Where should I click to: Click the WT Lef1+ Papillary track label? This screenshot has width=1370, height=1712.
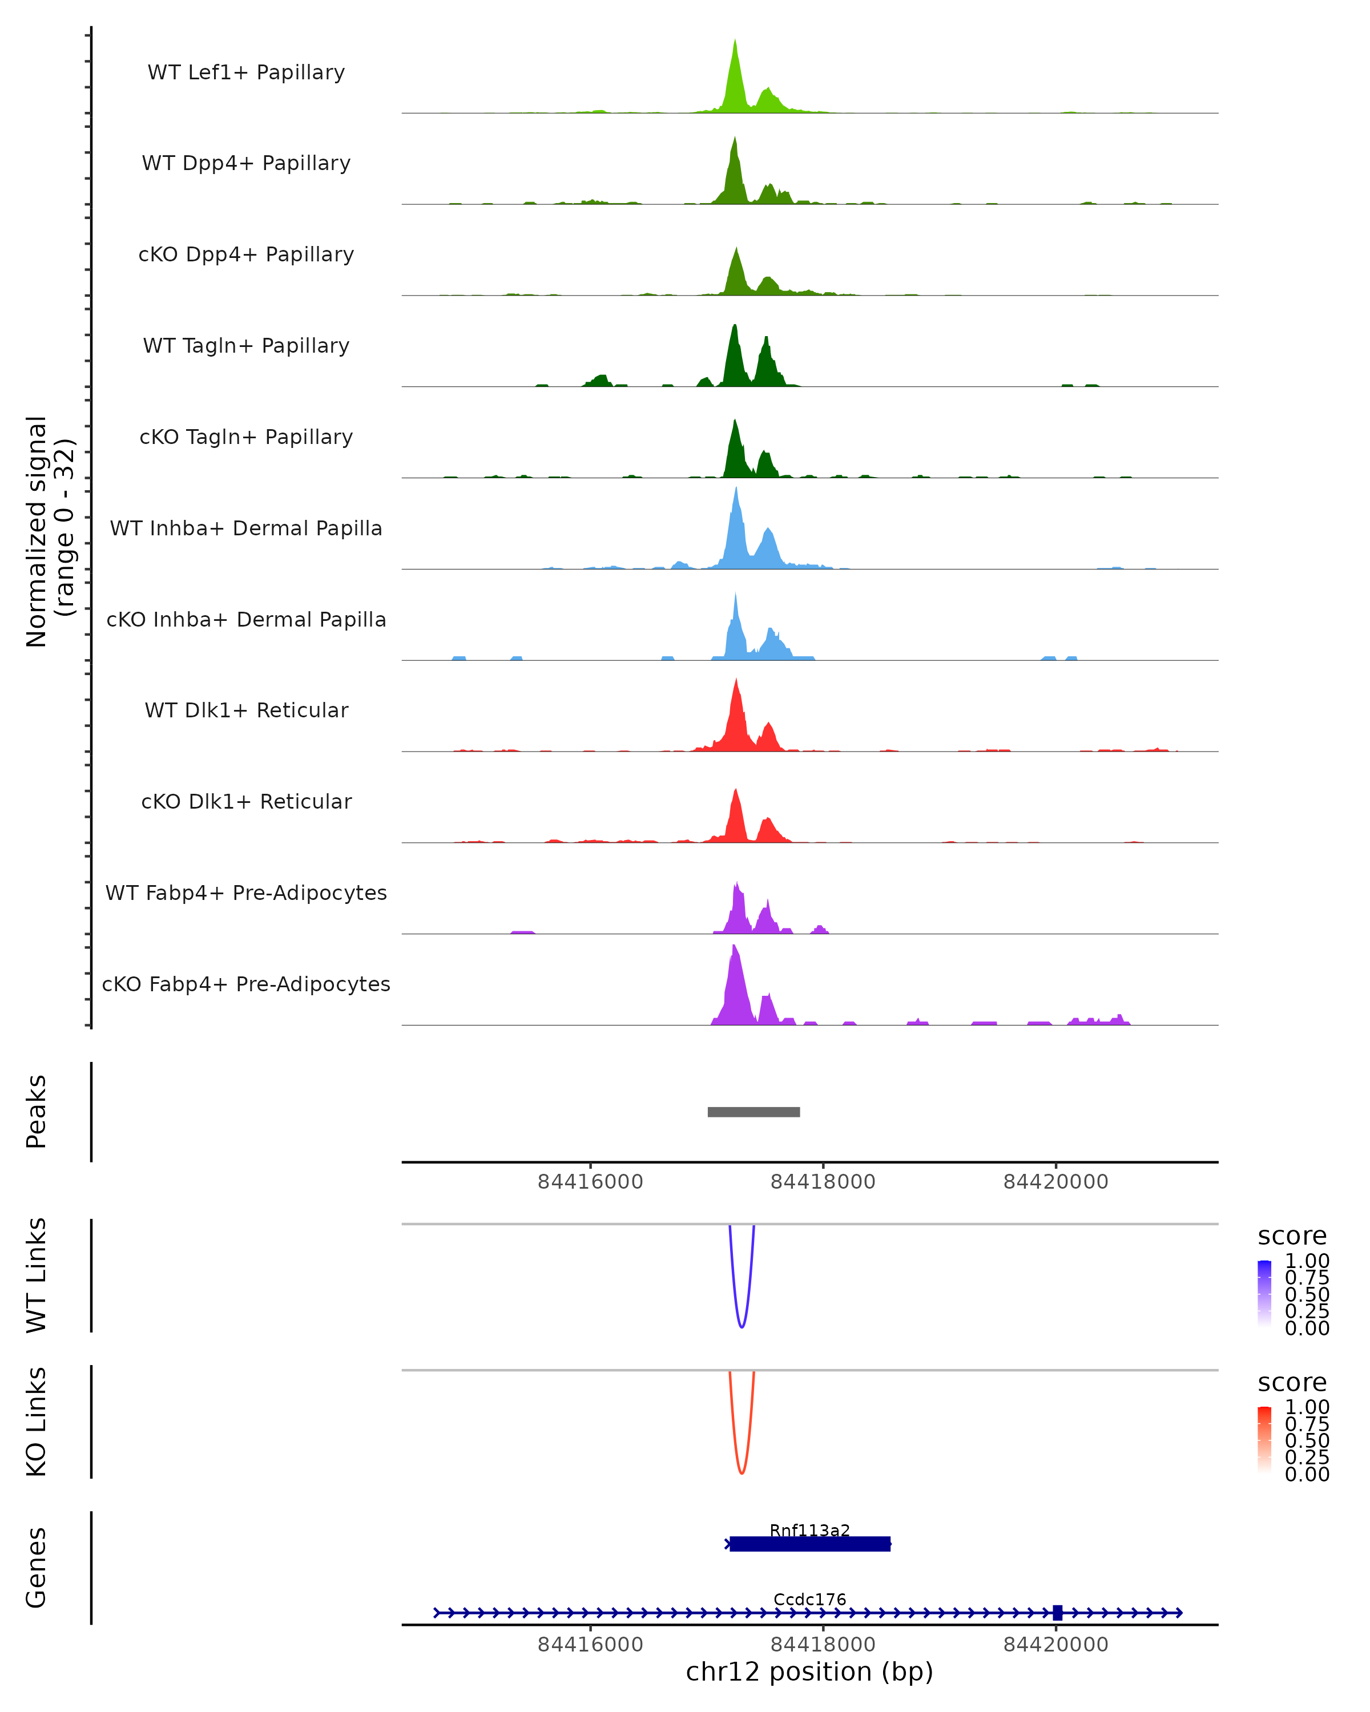click(x=246, y=72)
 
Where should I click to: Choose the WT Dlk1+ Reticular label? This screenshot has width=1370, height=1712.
click(x=246, y=710)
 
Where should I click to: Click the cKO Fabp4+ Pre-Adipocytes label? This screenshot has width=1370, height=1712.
click(x=246, y=984)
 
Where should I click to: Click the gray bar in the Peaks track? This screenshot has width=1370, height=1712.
click(x=753, y=1112)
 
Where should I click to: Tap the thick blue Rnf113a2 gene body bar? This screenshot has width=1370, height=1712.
click(x=809, y=1544)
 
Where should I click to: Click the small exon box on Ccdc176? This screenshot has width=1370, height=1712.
click(x=1057, y=1613)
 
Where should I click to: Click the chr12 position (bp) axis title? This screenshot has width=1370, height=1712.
click(x=809, y=1672)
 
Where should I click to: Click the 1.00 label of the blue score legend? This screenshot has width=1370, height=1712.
click(x=1307, y=1261)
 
